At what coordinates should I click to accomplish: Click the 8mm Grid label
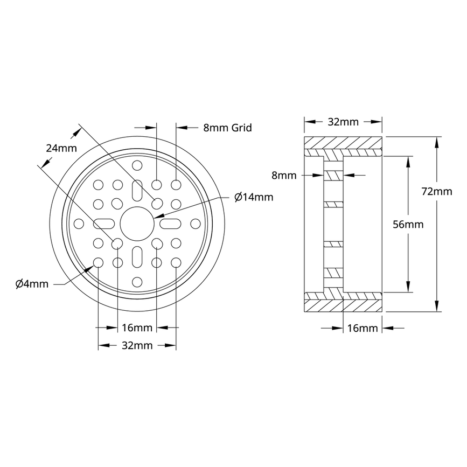(x=227, y=128)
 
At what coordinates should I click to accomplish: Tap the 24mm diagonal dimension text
(x=61, y=148)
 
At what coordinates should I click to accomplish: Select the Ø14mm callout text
(x=254, y=197)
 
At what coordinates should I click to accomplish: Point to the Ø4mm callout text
(x=32, y=283)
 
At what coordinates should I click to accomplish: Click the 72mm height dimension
(x=436, y=191)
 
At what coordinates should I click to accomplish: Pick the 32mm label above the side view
(x=343, y=122)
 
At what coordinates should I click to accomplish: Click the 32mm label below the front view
(x=137, y=345)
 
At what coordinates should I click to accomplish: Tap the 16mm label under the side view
(x=363, y=328)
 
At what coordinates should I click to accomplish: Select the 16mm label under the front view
(x=137, y=327)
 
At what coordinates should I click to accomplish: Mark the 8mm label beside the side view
(x=284, y=175)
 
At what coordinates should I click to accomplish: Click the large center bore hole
(x=137, y=224)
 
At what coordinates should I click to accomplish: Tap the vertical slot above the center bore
(x=137, y=191)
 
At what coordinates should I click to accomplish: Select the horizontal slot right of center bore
(x=170, y=224)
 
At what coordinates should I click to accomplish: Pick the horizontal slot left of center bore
(x=104, y=224)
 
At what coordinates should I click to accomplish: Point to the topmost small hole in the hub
(x=137, y=165)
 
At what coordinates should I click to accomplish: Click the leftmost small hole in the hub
(x=79, y=224)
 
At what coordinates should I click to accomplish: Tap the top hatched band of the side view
(x=343, y=144)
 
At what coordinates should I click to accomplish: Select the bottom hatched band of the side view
(x=343, y=305)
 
